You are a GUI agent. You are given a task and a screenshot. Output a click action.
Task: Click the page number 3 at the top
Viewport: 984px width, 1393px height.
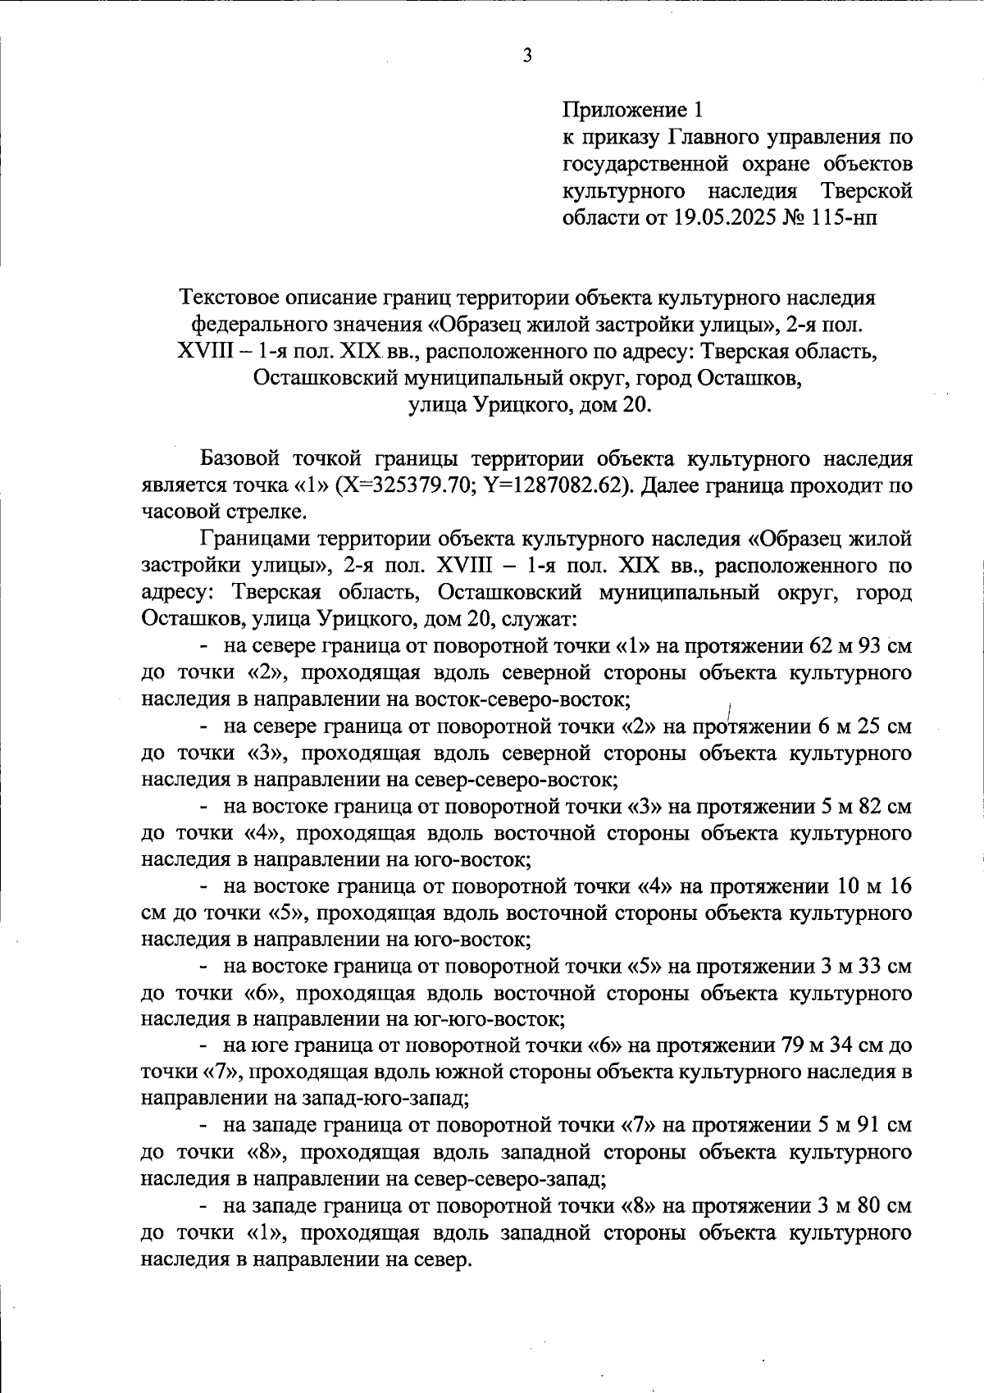pos(526,57)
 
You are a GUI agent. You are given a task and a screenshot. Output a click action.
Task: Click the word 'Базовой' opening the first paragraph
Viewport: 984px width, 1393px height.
pos(242,458)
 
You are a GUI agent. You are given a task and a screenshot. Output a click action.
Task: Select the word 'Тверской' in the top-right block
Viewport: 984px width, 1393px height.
pos(866,191)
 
